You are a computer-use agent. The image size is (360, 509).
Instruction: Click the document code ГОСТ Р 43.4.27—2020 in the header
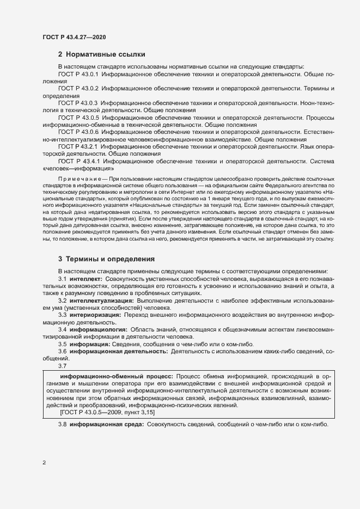pyautogui.click(x=74, y=37)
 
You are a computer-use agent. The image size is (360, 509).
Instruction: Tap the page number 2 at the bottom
pyautogui.click(x=44, y=463)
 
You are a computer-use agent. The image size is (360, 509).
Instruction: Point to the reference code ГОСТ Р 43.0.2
pyautogui.click(x=78, y=88)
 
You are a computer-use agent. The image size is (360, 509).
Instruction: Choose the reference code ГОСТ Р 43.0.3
pyautogui.click(x=78, y=102)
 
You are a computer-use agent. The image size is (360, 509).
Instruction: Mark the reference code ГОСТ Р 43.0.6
pyautogui.click(x=78, y=132)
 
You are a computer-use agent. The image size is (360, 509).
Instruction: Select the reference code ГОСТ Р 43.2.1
pyautogui.click(x=78, y=146)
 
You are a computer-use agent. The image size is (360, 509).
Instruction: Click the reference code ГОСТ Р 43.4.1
pyautogui.click(x=78, y=161)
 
